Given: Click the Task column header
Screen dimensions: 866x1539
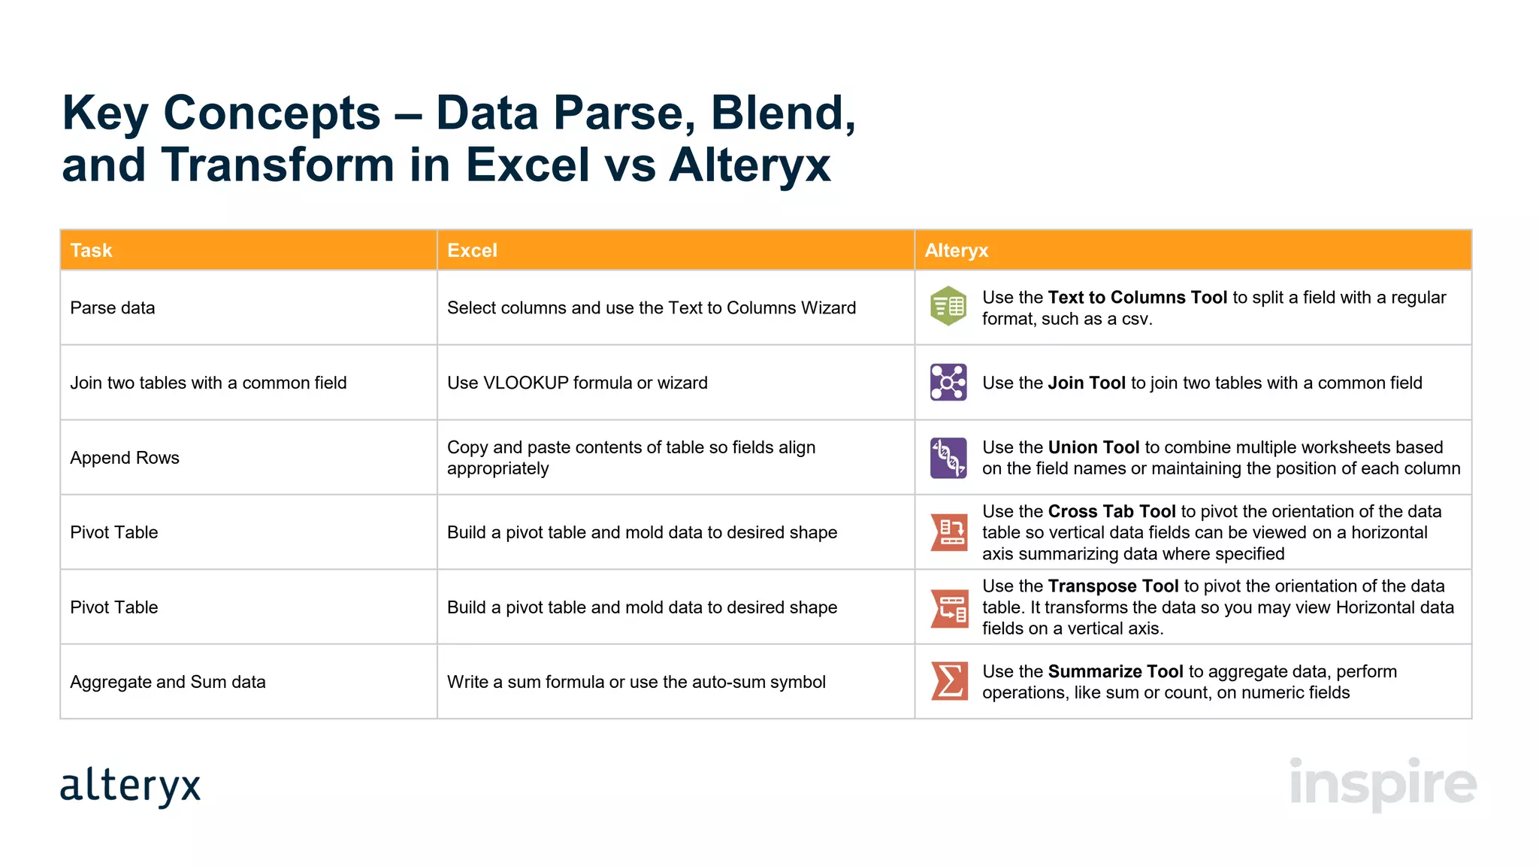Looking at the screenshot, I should pos(91,250).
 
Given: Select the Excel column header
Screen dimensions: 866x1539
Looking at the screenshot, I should pos(472,250).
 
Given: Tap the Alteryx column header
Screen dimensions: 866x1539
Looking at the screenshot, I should pos(956,250).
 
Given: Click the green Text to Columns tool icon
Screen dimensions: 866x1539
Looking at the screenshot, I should pos(948,306).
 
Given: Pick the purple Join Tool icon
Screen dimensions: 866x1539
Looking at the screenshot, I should pos(948,383).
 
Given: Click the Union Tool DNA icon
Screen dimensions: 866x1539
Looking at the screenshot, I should pos(948,458).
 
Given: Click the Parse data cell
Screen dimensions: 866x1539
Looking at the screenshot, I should pos(113,308).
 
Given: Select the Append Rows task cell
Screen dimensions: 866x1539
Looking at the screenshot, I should pos(125,458).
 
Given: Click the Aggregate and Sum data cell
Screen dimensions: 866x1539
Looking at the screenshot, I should pos(168,682).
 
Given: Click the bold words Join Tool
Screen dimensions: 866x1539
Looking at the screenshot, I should pos(1086,383).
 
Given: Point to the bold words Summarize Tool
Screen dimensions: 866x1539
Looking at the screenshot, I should pos(1115,671).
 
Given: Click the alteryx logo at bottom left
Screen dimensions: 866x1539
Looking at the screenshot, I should pos(131,786).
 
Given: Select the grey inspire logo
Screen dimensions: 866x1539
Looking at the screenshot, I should pos(1383,783).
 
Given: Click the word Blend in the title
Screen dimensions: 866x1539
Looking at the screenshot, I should pos(782,113).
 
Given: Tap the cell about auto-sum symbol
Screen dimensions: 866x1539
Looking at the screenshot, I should pos(636,682).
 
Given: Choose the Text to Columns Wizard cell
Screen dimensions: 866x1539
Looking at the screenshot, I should pos(651,308).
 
